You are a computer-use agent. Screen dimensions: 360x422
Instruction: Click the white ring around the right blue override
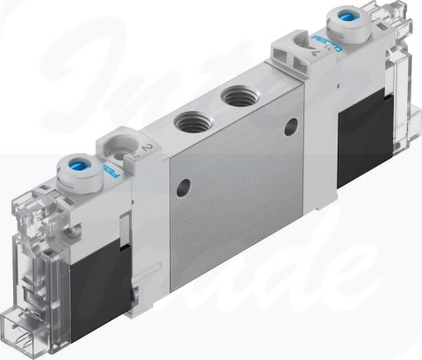[x=342, y=25]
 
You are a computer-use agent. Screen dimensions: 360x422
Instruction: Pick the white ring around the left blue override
[x=70, y=174]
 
